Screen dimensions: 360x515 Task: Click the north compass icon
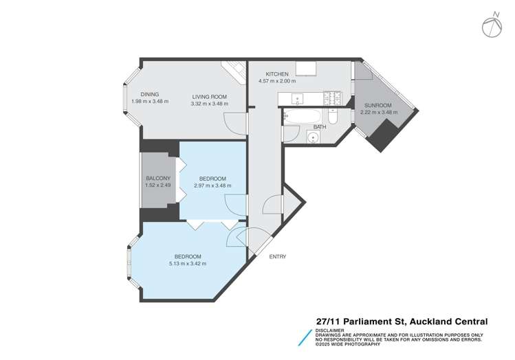pyautogui.click(x=491, y=26)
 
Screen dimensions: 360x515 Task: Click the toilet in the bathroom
pyautogui.click(x=332, y=117)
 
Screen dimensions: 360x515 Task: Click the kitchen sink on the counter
pyautogui.click(x=297, y=98)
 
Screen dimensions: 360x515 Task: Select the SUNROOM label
pyautogui.click(x=375, y=104)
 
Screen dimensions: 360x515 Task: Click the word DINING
pyautogui.click(x=150, y=95)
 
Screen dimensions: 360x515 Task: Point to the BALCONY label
pyautogui.click(x=157, y=179)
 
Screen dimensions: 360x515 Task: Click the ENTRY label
pyautogui.click(x=278, y=257)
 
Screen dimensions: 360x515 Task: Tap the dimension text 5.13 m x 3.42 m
pyautogui.click(x=188, y=263)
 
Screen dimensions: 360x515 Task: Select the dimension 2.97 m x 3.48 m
pyautogui.click(x=212, y=185)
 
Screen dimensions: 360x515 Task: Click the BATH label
pyautogui.click(x=320, y=127)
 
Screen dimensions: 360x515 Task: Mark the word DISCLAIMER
pyautogui.click(x=329, y=330)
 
